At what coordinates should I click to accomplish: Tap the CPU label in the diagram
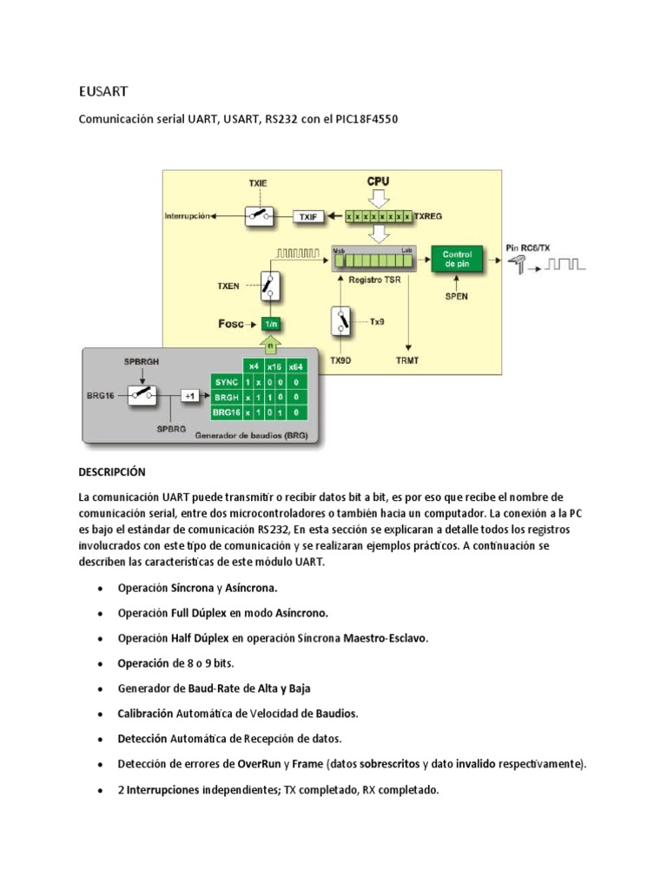point(378,181)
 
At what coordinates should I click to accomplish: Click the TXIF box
point(308,216)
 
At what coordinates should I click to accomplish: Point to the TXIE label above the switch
point(258,185)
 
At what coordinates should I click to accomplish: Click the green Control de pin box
point(457,258)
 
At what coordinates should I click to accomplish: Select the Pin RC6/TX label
point(528,248)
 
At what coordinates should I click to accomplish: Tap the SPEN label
point(456,296)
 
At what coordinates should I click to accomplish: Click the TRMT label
point(408,358)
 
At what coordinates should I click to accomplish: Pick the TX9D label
point(342,358)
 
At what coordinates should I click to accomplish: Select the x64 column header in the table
point(296,365)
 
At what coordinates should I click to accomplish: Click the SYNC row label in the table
point(225,381)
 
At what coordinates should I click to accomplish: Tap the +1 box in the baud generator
point(189,395)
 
